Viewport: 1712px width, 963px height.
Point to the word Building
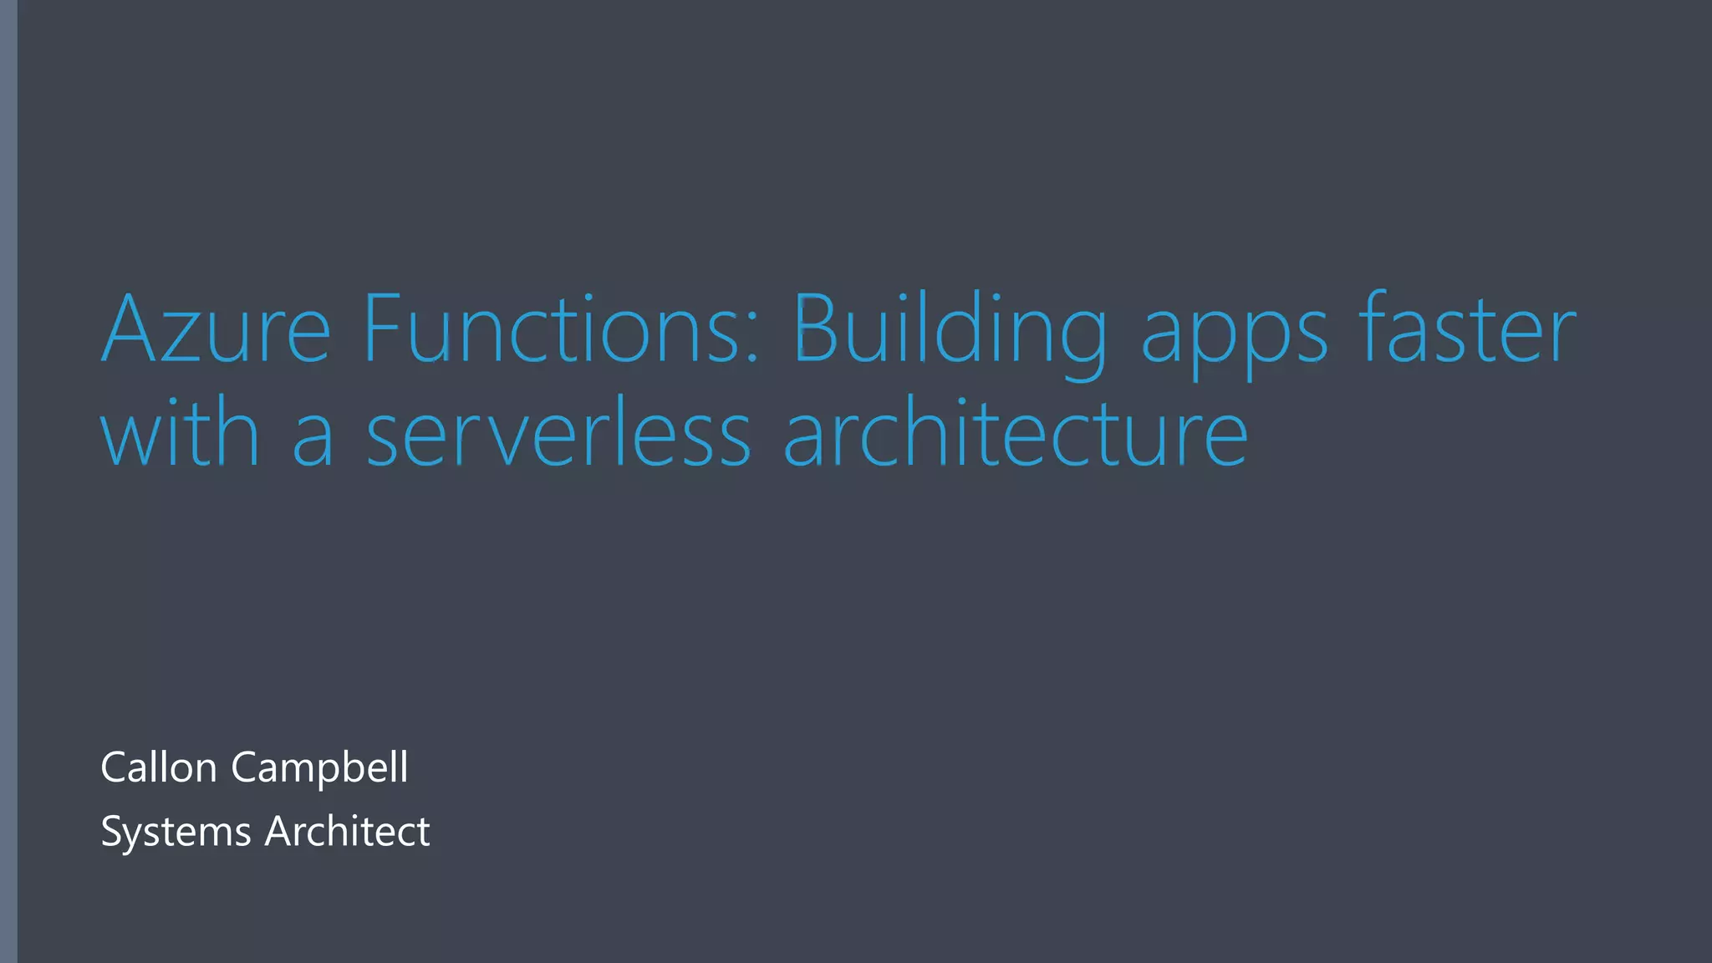tap(950, 330)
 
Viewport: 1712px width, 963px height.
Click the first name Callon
tap(159, 767)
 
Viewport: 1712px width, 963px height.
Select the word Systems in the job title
tap(176, 832)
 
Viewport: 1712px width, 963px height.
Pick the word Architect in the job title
tap(347, 831)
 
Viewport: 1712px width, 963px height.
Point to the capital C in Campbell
tap(243, 767)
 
